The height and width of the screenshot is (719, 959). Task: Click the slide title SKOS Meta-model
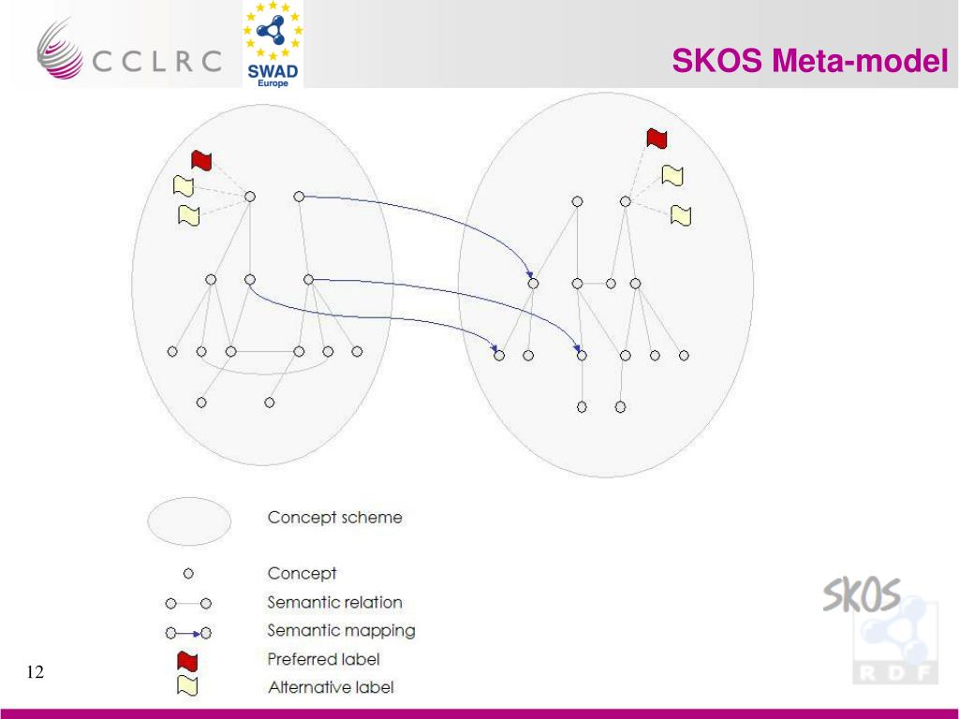coord(810,62)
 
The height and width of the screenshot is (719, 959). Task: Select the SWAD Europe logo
coord(273,44)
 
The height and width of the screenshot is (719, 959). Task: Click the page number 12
coord(36,672)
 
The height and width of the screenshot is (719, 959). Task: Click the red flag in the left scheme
coord(201,160)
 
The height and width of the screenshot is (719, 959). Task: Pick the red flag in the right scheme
coord(657,139)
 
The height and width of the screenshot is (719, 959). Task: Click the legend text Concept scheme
coord(334,517)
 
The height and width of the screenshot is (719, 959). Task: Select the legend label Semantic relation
coord(334,602)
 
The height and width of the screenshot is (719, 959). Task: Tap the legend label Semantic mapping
coord(341,630)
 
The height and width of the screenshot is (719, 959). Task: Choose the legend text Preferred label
coord(323,659)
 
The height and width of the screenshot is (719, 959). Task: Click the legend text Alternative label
coord(331,687)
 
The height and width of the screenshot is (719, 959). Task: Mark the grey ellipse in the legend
coord(188,521)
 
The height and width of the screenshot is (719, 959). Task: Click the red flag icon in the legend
coord(187,662)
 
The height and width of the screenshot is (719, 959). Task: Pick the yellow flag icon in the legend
coord(187,686)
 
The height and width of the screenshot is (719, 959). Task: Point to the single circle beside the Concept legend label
coord(187,573)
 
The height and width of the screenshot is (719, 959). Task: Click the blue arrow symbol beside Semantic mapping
coord(187,632)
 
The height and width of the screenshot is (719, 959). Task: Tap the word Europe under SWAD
coord(273,81)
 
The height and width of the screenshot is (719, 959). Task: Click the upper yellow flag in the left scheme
coord(183,185)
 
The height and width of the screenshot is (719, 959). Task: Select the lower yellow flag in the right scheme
coord(681,215)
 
